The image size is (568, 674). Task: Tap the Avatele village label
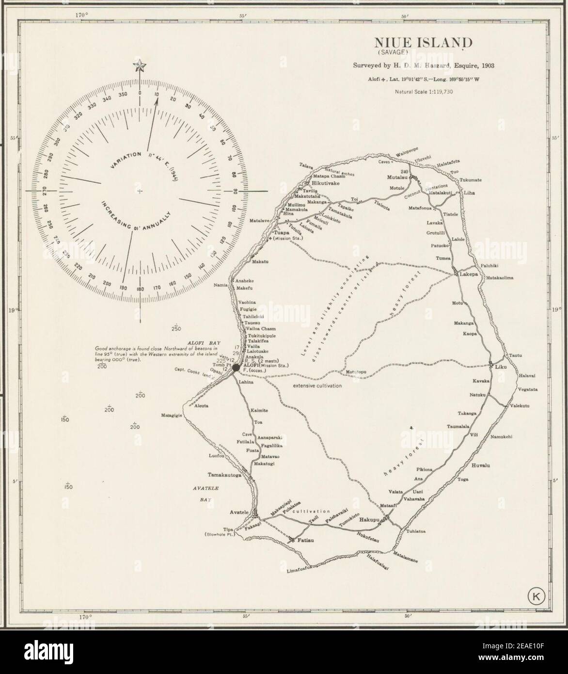pos(239,512)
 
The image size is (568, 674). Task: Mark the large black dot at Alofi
pos(236,369)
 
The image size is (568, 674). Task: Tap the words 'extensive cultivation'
pos(317,385)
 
